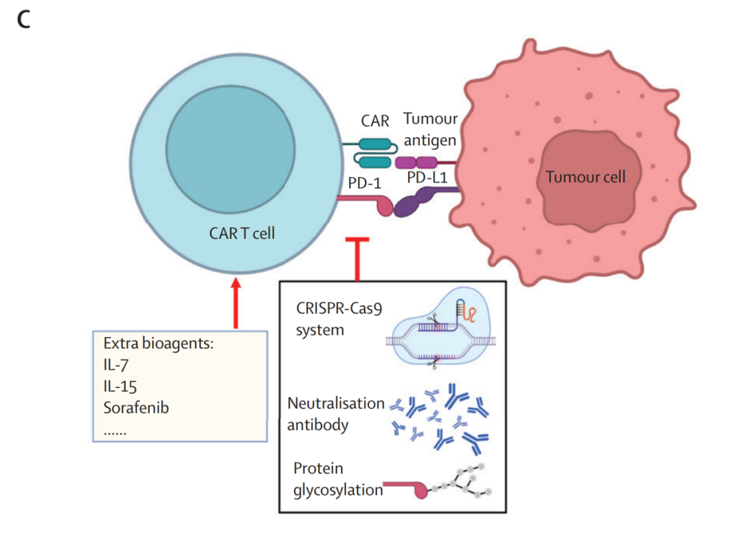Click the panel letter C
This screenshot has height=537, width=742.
point(24,20)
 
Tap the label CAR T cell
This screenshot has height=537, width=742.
point(242,233)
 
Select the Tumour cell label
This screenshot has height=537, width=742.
point(585,176)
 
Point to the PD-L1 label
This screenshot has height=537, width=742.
point(427,179)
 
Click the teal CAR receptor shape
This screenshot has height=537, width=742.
point(374,152)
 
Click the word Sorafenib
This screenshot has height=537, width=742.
point(136,407)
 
